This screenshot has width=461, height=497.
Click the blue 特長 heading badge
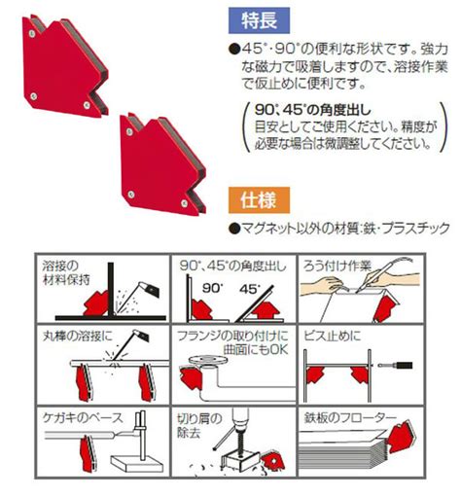click(x=259, y=20)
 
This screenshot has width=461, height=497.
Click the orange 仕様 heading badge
click(x=259, y=200)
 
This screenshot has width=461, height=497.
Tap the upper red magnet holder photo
click(x=65, y=66)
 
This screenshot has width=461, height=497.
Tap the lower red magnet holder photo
click(x=162, y=164)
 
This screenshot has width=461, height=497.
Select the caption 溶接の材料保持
click(x=66, y=273)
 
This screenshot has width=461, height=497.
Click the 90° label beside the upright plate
click(x=213, y=287)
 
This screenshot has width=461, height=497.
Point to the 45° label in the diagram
click(x=250, y=288)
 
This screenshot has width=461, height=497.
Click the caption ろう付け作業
click(x=337, y=266)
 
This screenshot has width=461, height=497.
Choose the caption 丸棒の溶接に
click(x=77, y=337)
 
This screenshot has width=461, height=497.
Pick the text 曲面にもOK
click(x=256, y=349)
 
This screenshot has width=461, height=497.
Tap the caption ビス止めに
click(x=333, y=336)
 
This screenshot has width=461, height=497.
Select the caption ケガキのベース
click(x=83, y=417)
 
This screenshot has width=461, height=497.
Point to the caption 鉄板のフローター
click(x=350, y=417)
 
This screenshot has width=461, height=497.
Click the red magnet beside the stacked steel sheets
click(x=402, y=437)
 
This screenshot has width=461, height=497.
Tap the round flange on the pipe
click(x=208, y=361)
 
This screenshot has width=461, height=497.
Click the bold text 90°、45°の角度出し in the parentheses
click(x=312, y=110)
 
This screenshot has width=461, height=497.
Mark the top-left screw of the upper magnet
click(x=32, y=33)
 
